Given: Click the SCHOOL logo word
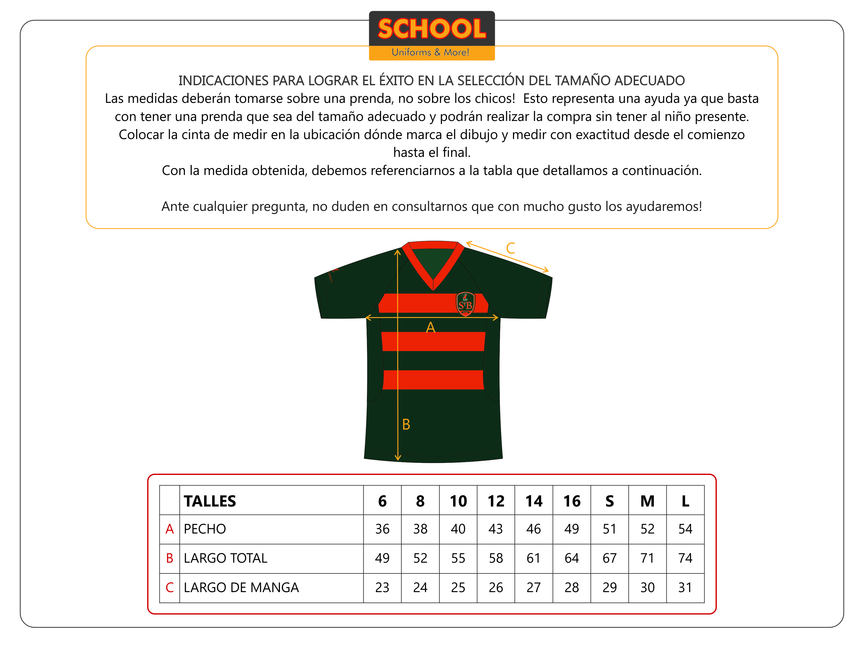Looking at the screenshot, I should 432,29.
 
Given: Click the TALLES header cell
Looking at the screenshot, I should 210,501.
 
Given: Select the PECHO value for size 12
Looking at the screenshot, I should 496,529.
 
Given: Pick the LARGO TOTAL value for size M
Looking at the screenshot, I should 647,558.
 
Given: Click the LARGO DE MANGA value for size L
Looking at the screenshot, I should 685,588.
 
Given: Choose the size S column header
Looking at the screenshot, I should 609,501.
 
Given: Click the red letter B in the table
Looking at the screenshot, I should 170,558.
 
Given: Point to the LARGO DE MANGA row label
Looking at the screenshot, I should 241,588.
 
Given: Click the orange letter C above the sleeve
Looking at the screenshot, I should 511,248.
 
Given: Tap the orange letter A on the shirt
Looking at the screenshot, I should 430,327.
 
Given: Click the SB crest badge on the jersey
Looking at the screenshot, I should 465,304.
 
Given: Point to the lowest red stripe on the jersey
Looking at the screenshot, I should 433,380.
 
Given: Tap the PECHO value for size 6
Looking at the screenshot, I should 382,529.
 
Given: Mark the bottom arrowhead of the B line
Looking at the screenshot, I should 398,458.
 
